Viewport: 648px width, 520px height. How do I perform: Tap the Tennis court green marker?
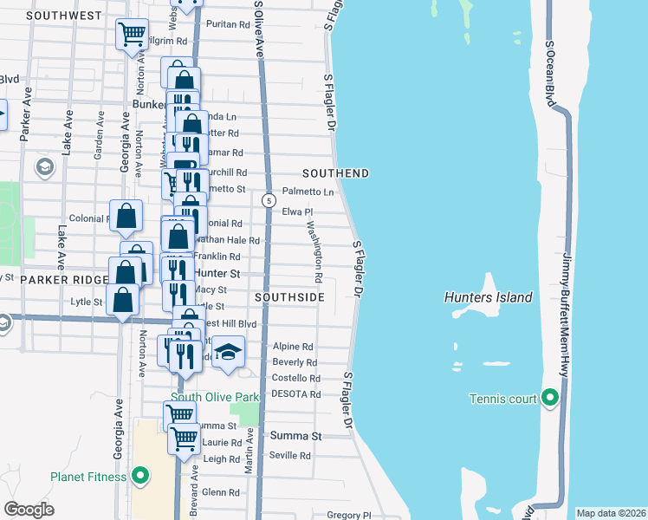(x=549, y=399)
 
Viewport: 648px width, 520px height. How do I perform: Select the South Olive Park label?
(x=215, y=398)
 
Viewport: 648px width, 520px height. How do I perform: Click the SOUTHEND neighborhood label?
(x=335, y=173)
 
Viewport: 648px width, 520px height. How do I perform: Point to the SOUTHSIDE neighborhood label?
(x=289, y=297)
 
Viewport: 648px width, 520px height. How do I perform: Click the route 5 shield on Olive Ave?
(x=269, y=201)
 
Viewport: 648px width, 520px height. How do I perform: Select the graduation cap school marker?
(x=228, y=352)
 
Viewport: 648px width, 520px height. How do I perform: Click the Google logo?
(x=29, y=510)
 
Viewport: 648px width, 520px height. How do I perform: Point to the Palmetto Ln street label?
(x=308, y=192)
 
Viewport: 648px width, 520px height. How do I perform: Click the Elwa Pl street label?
(x=297, y=211)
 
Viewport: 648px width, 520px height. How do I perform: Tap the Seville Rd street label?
(x=290, y=456)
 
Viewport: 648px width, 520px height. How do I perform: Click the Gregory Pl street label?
(x=348, y=515)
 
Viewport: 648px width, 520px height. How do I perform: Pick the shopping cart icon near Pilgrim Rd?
(x=133, y=35)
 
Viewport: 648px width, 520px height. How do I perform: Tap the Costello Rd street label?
(x=296, y=379)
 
